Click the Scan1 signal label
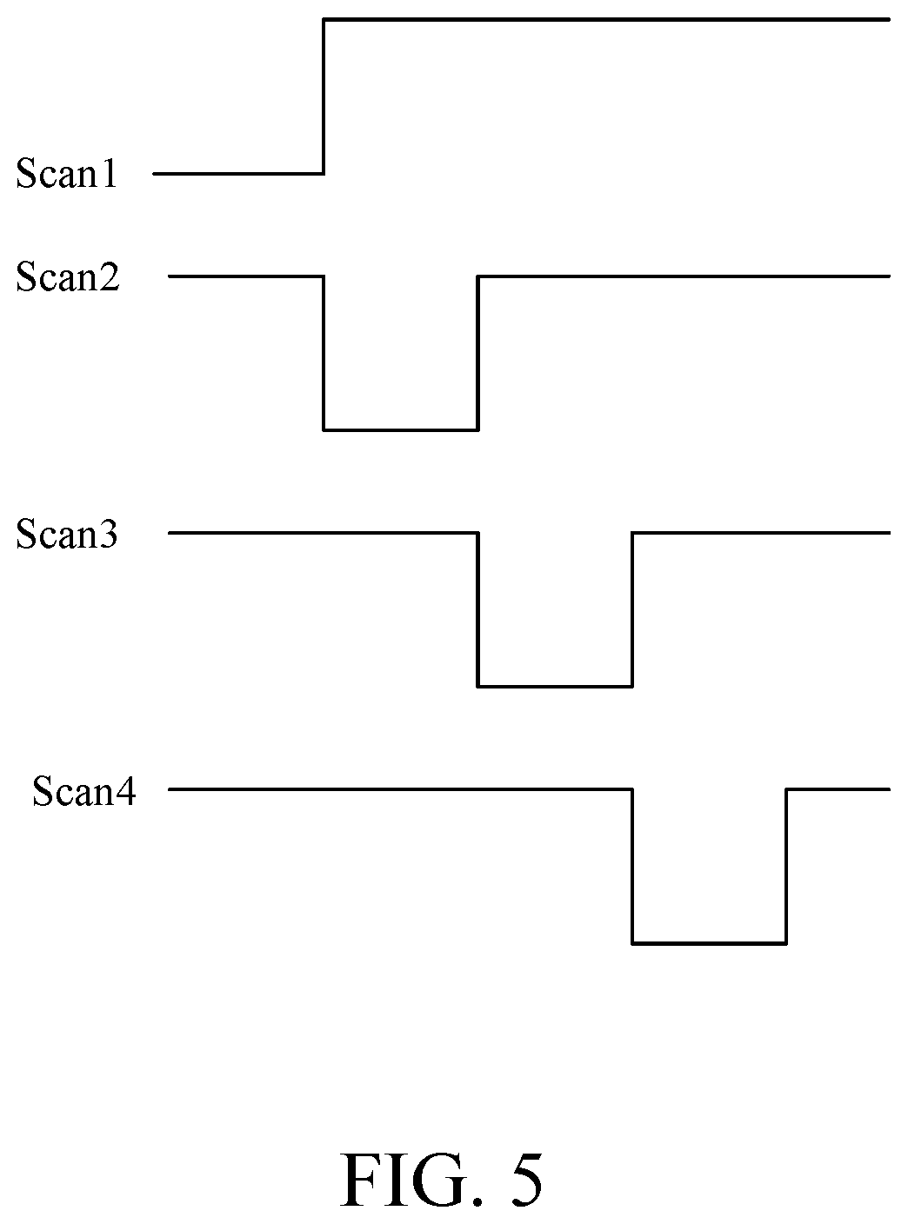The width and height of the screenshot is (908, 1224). tap(67, 174)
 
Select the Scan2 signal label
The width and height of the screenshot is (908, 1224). tap(68, 276)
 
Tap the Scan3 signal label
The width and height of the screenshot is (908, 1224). tap(67, 534)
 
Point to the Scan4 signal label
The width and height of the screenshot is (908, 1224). tap(84, 790)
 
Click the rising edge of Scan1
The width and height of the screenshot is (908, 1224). tap(324, 96)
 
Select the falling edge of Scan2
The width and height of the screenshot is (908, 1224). tap(324, 353)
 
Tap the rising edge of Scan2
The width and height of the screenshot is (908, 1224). tap(477, 353)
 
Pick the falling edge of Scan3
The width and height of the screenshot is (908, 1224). tap(477, 609)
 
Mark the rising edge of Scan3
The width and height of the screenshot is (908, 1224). tap(632, 609)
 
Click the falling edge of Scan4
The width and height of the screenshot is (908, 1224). tap(632, 867)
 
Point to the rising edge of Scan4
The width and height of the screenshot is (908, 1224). tap(786, 867)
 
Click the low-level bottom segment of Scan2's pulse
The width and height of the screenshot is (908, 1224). tap(401, 430)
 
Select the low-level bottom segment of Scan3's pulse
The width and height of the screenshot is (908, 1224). tap(555, 687)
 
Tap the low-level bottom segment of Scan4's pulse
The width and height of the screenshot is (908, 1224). tap(709, 944)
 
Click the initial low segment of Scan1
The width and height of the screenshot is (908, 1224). tap(238, 174)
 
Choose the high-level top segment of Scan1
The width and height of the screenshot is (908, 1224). tap(606, 20)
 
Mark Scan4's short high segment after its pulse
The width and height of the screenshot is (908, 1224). tap(838, 789)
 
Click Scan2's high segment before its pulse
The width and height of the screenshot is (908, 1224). tap(246, 276)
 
